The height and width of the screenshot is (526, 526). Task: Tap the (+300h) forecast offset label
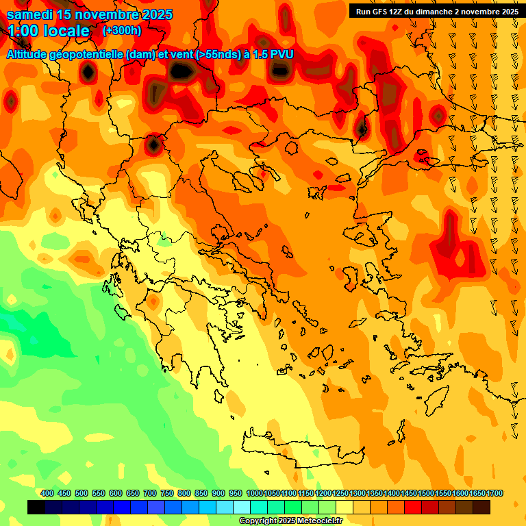tap(122, 30)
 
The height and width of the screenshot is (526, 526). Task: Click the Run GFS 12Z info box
tap(436, 11)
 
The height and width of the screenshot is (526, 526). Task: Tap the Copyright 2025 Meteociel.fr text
tap(290, 521)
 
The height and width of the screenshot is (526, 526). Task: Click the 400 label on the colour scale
tap(47, 493)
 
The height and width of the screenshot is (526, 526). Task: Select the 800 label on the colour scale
tap(184, 493)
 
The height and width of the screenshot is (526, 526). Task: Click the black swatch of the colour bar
tap(37, 508)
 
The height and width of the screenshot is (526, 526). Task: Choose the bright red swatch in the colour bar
tap(413, 508)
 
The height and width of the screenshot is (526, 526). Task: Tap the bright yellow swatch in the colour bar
tap(345, 508)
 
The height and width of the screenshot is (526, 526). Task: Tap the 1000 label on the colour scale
tap(255, 493)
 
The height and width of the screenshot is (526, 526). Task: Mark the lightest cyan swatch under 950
tap(242, 508)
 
